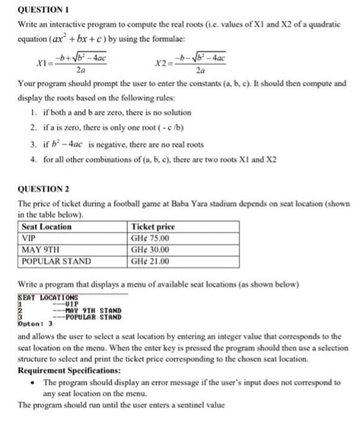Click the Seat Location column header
(x=47, y=227)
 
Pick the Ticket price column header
(x=153, y=227)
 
